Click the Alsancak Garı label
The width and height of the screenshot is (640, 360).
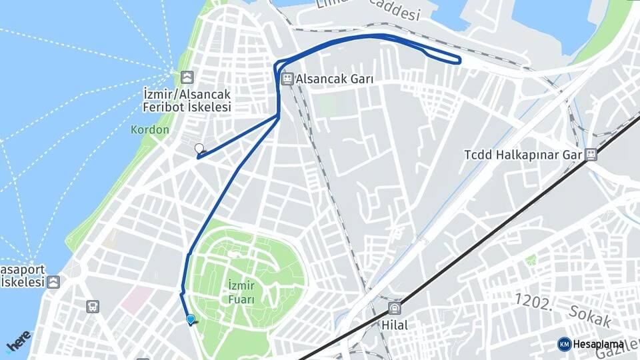335,79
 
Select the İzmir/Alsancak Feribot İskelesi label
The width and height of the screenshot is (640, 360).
187,100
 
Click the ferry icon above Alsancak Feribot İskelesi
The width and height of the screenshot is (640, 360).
187,77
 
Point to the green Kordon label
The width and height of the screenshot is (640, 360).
150,130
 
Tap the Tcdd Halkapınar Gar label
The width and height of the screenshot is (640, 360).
523,155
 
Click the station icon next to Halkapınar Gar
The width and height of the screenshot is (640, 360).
591,155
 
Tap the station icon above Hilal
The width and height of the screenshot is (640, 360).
395,309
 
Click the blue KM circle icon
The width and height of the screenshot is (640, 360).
564,344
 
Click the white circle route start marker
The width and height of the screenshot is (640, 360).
199,148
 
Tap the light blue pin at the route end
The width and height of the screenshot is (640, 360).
191,319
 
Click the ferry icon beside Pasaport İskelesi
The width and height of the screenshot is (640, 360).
53,282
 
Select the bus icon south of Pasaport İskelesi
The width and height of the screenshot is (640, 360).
93,306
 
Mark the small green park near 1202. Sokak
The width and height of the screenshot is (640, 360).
531,259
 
